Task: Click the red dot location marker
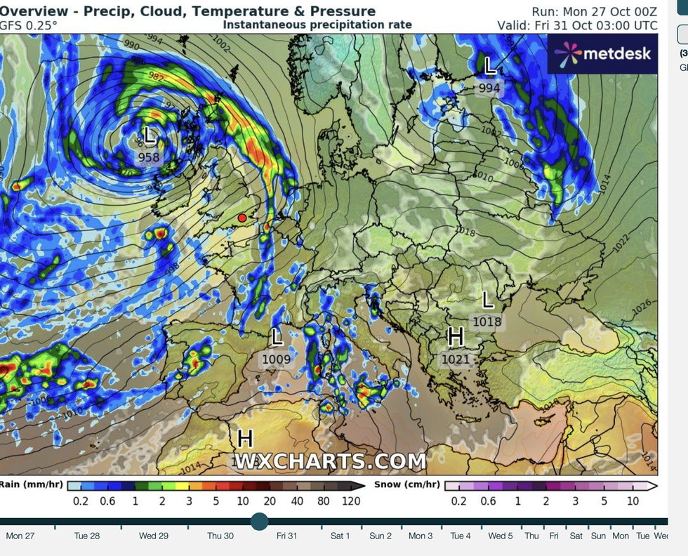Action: (242, 218)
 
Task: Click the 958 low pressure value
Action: (149, 157)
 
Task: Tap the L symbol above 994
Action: (490, 67)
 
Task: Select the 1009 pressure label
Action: (277, 359)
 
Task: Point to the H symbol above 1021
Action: (456, 338)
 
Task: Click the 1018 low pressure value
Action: (487, 322)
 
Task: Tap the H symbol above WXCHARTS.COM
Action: (244, 439)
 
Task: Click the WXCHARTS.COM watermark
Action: (330, 461)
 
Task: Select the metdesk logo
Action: (603, 53)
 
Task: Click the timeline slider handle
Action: (260, 521)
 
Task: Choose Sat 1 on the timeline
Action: (340, 536)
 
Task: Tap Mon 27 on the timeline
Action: (20, 536)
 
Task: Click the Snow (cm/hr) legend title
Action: (407, 484)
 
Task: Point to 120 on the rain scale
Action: (351, 501)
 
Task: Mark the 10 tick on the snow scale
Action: (633, 501)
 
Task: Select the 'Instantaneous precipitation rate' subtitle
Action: (317, 25)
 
